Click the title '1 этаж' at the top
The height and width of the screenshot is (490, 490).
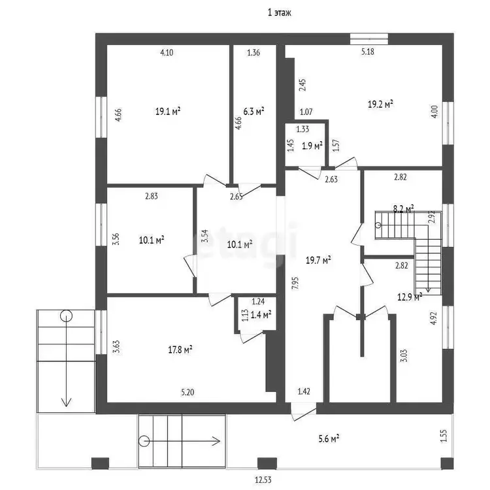coord(280,12)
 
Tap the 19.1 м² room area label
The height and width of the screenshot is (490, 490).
coord(168,111)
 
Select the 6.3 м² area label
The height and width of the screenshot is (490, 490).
coord(253,111)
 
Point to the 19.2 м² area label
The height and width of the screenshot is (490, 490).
coord(380,104)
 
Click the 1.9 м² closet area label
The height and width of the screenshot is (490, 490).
coord(312,146)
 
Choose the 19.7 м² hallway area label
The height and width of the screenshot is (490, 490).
coord(318,259)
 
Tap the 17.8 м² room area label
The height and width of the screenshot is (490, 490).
coord(180,349)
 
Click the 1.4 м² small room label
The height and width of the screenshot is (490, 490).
coord(261,314)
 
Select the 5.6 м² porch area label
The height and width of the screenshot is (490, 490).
coord(329,439)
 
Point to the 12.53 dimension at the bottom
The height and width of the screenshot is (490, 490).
coord(263,480)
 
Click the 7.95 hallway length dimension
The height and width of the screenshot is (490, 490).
coord(295,283)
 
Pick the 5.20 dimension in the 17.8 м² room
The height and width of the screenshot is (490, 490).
coord(188,392)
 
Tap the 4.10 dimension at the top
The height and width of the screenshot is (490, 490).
coord(167,52)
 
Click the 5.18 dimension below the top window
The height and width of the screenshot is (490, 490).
coord(367,52)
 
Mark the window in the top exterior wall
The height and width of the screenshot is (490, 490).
coord(369,39)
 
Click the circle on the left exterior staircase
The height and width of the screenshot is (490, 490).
coord(66,316)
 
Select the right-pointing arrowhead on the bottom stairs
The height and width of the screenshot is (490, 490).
coord(216,441)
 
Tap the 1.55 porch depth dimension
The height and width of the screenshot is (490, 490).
coord(444,436)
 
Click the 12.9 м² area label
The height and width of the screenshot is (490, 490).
coord(410,297)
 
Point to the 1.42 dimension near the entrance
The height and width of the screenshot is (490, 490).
coord(304,391)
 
